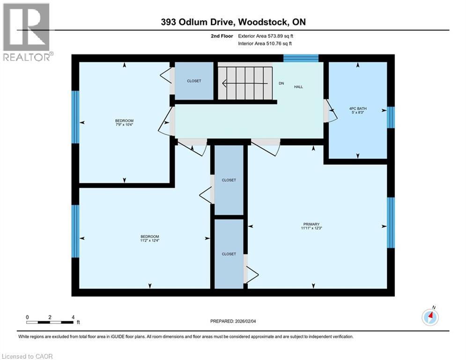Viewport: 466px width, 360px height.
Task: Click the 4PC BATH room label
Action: click(x=358, y=108)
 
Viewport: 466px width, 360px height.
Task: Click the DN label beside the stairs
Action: click(x=281, y=83)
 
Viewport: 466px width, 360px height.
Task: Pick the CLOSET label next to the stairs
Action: click(x=194, y=81)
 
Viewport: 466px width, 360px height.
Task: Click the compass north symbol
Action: click(x=430, y=317)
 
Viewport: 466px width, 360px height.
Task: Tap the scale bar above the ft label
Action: click(x=50, y=322)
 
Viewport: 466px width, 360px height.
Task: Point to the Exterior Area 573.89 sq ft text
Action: click(x=266, y=36)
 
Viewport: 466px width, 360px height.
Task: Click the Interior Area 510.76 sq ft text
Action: click(x=265, y=43)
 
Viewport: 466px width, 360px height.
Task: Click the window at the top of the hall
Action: click(x=301, y=58)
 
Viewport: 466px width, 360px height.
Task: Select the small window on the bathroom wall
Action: click(x=391, y=117)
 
